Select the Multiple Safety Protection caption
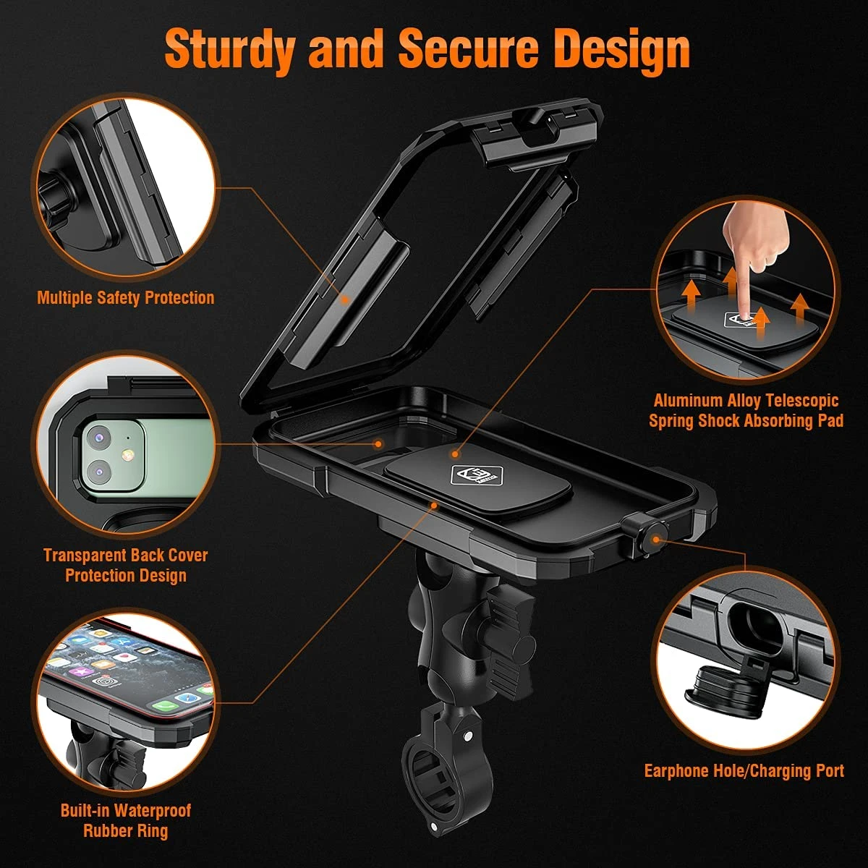click(x=126, y=298)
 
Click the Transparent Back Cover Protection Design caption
click(x=126, y=565)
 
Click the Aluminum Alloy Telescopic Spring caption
click(x=746, y=410)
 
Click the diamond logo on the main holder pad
click(x=476, y=475)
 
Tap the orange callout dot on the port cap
click(x=656, y=539)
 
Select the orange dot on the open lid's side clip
click(x=345, y=299)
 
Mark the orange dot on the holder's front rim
click(x=434, y=506)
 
